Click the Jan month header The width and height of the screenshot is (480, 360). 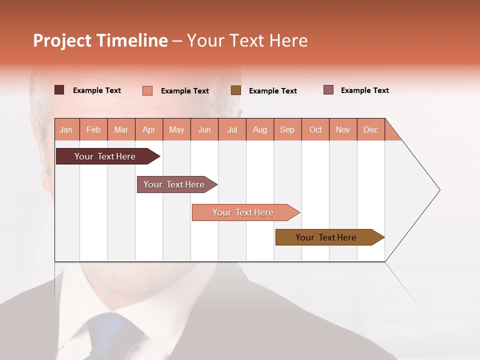(x=66, y=129)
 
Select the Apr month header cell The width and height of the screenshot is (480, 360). (x=149, y=129)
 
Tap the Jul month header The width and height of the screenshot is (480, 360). (x=232, y=129)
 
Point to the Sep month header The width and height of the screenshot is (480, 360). (x=287, y=129)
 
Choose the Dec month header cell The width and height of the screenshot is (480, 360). (x=370, y=129)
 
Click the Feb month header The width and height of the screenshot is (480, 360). (x=93, y=129)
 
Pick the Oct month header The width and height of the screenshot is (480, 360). (x=315, y=129)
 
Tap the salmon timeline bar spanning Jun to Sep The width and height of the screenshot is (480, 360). (x=243, y=212)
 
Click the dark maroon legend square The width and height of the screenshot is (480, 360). (x=59, y=90)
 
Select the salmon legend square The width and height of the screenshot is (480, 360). (x=147, y=90)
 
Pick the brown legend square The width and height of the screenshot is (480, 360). (x=236, y=90)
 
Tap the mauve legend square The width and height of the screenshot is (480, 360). (x=328, y=90)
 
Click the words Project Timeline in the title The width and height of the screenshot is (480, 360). (x=100, y=40)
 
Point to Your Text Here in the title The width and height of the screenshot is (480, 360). (x=247, y=40)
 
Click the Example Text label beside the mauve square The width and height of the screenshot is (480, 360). (x=364, y=90)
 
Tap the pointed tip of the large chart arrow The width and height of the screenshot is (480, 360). (x=438, y=190)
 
